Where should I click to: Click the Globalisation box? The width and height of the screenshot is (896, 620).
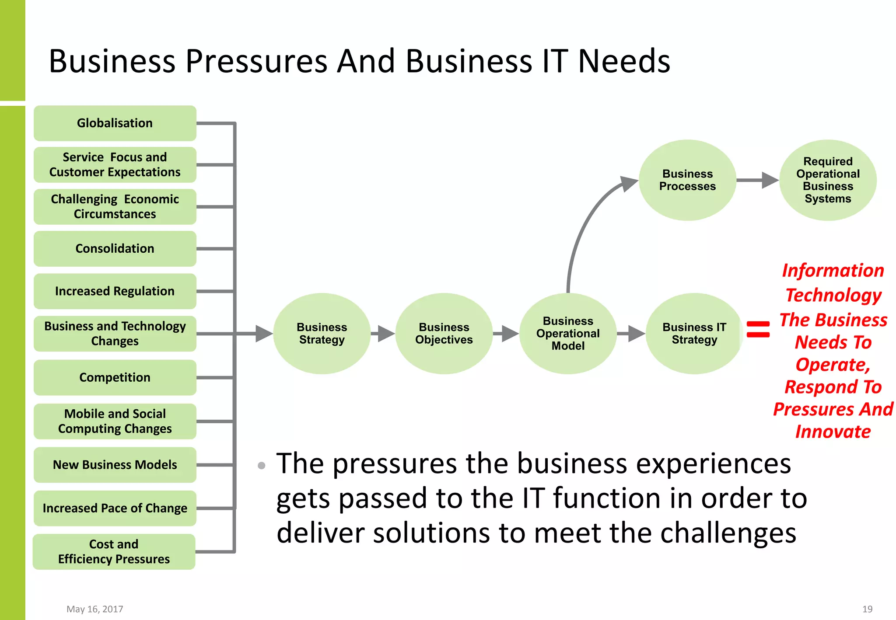click(x=115, y=123)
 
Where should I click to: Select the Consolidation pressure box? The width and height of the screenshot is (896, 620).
click(x=115, y=249)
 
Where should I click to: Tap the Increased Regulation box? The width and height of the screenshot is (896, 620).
click(x=115, y=291)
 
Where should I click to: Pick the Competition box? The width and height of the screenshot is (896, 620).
click(x=115, y=377)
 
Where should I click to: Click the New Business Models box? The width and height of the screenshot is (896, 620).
click(x=115, y=465)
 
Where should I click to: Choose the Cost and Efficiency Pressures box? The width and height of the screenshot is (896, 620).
click(x=114, y=552)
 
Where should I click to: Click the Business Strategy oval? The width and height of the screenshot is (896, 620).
click(x=322, y=334)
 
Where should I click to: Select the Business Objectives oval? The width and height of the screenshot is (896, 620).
click(x=444, y=334)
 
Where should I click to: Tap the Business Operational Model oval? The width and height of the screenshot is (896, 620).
click(x=568, y=334)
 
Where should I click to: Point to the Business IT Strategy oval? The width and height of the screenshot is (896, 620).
click(x=694, y=334)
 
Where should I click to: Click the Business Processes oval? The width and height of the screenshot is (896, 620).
click(x=687, y=180)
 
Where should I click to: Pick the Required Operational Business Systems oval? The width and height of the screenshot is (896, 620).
click(x=828, y=180)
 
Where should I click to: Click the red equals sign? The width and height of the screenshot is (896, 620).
click(x=758, y=329)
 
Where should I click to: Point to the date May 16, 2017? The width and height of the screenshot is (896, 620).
click(x=94, y=609)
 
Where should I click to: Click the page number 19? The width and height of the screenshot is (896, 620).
click(x=867, y=609)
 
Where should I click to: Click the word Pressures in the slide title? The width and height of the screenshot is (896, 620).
click(x=256, y=61)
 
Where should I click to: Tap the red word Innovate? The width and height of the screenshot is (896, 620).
click(x=833, y=432)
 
